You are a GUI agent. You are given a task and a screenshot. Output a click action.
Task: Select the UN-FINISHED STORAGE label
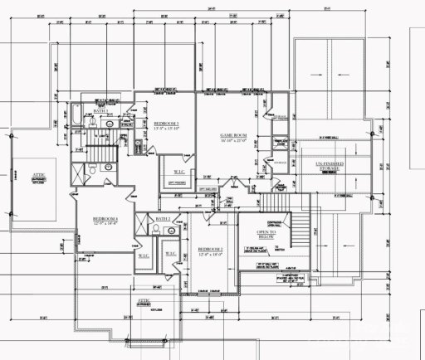tap(330, 166)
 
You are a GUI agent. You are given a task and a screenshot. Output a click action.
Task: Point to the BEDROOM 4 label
tap(105, 219)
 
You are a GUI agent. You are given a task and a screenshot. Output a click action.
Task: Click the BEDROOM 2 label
tap(211, 249)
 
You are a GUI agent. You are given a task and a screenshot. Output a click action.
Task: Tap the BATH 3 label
tap(100, 110)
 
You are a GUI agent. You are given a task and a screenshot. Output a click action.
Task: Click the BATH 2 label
tap(163, 219)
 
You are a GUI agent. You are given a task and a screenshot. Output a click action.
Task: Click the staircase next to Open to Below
tap(280, 204)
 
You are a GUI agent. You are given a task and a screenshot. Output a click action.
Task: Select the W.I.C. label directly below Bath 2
tap(169, 252)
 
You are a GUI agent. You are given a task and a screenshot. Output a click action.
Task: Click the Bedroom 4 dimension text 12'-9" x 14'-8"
tap(105, 225)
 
